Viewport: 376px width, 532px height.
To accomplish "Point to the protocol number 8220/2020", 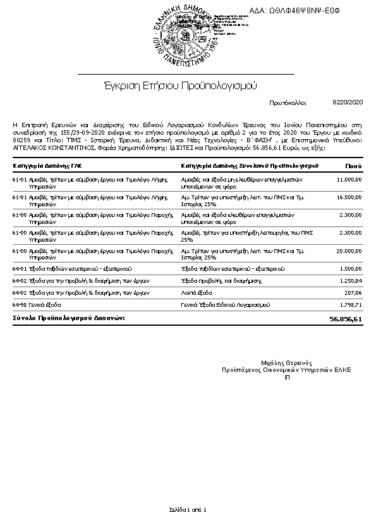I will tap(347, 101).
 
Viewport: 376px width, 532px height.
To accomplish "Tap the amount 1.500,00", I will tap(351, 269).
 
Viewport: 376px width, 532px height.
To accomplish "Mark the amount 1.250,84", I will tap(351, 280).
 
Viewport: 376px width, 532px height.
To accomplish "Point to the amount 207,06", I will tap(353, 293).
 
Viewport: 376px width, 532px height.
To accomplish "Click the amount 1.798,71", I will tap(351, 305).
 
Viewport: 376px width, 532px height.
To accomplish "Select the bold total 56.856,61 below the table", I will tap(346, 319).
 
